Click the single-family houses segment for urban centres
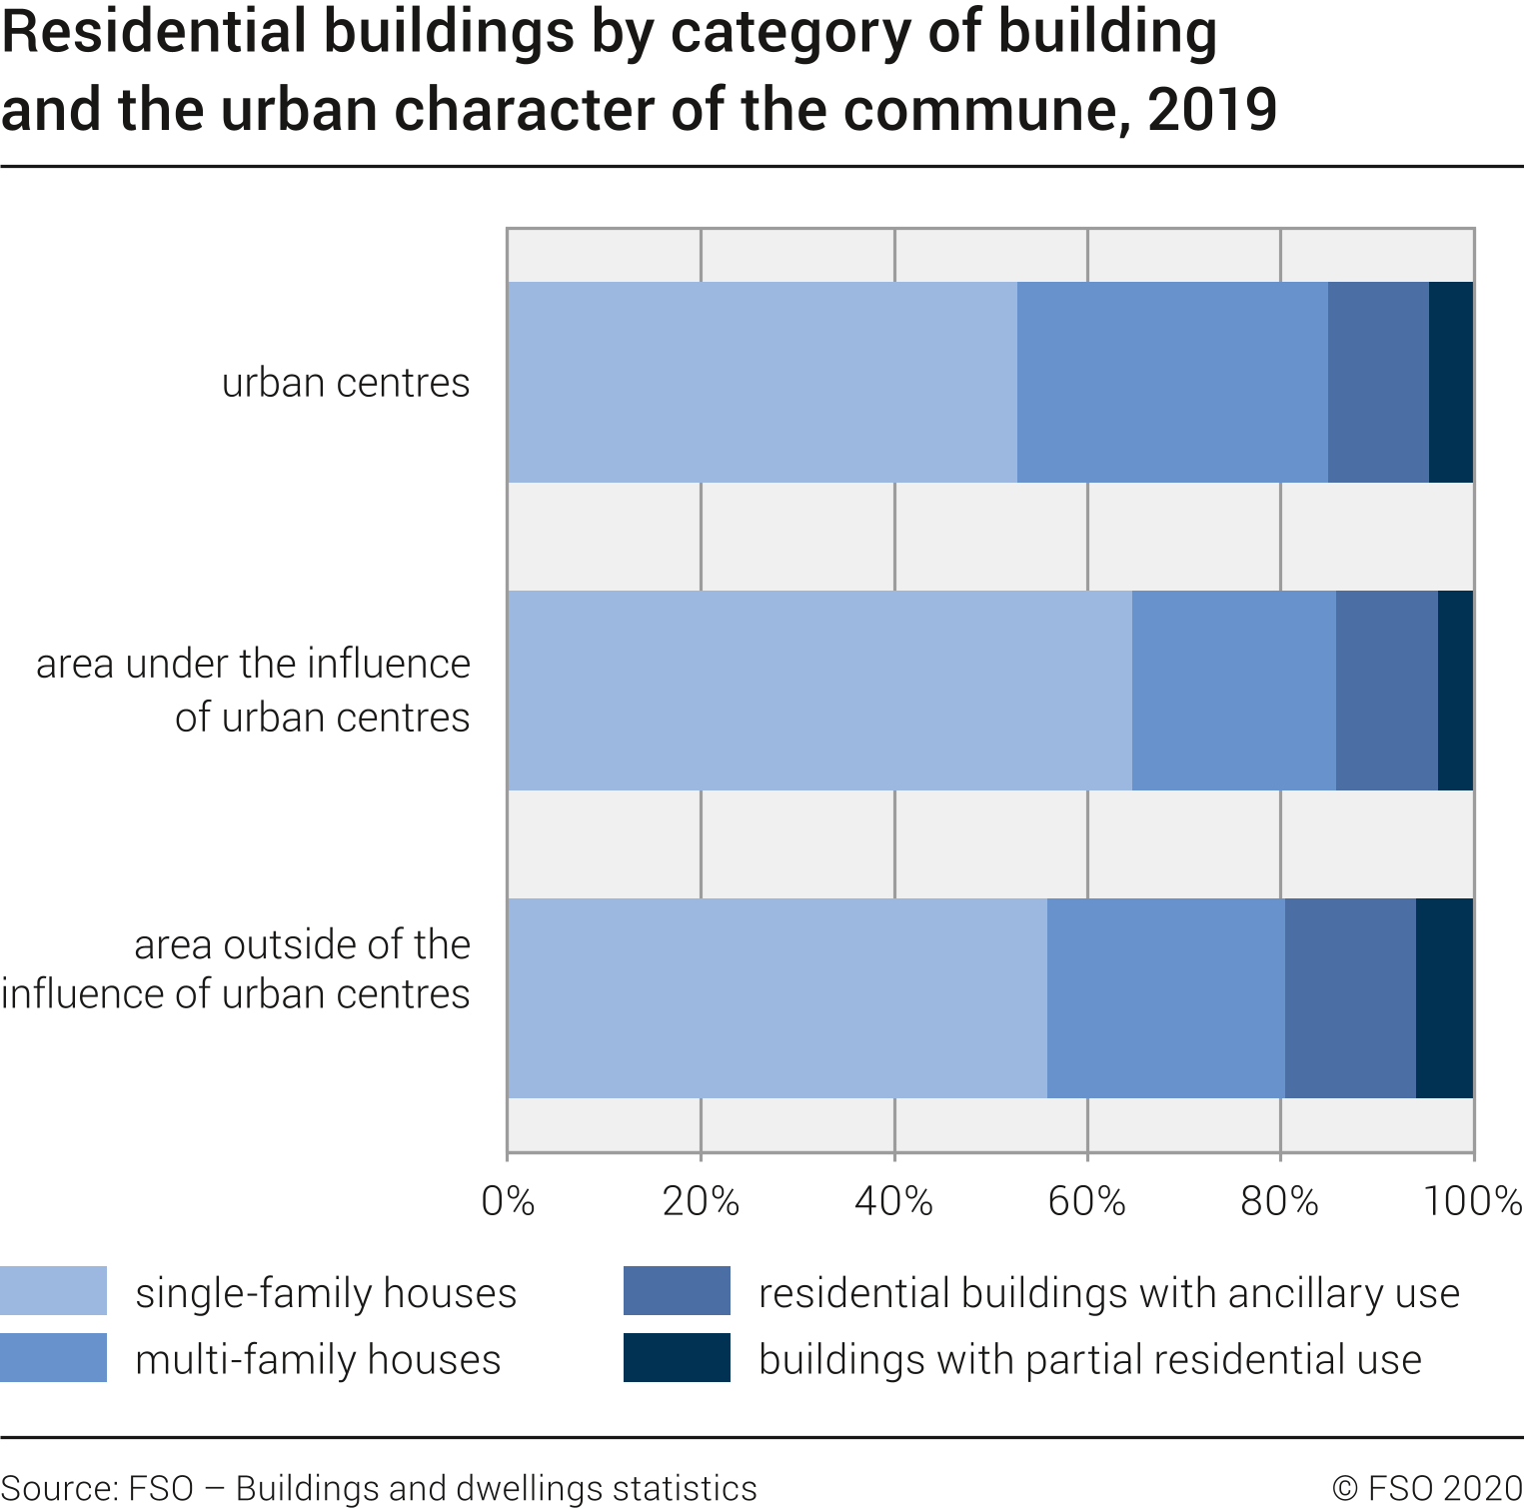pos(762,382)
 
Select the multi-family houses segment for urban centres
pos(1172,382)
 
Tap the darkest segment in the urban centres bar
pos(1451,382)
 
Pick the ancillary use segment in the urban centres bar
pos(1378,382)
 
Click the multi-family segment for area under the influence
pos(1233,691)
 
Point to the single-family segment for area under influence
pos(819,691)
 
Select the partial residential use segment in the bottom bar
pos(1444,998)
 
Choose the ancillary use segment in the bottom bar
pos(1350,998)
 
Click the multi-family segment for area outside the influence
pos(1165,998)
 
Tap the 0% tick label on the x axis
pos(508,1200)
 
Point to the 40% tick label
pos(893,1200)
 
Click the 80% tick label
pos(1279,1200)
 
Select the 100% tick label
pos(1472,1200)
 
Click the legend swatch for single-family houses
pos(53,1291)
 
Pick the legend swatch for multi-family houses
pos(53,1358)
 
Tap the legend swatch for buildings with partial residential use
pos(677,1358)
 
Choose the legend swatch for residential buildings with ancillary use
pos(677,1291)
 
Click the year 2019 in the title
pos(1211,109)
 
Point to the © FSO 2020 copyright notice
pos(1427,1488)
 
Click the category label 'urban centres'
pos(345,383)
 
